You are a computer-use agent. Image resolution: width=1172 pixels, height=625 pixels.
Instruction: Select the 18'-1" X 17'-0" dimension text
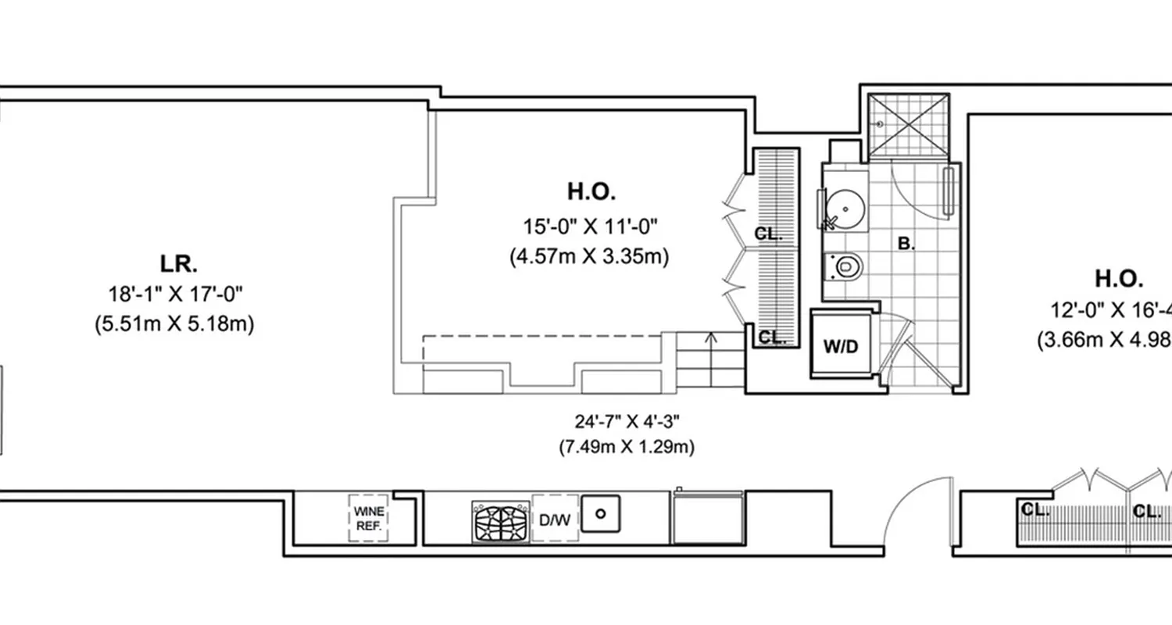click(177, 295)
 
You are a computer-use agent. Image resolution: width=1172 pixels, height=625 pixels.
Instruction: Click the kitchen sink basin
click(601, 513)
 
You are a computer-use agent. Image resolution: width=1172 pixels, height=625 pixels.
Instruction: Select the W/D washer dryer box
click(841, 345)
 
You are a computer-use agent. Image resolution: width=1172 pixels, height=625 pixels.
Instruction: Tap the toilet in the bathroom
click(844, 267)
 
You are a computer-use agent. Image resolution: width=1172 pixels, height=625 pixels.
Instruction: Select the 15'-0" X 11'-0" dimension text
click(591, 227)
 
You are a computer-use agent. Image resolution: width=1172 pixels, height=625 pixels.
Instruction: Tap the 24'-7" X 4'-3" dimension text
click(626, 423)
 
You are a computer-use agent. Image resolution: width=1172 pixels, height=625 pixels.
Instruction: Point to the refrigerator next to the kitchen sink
click(708, 518)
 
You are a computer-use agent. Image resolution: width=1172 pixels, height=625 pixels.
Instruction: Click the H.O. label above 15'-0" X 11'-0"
click(591, 191)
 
